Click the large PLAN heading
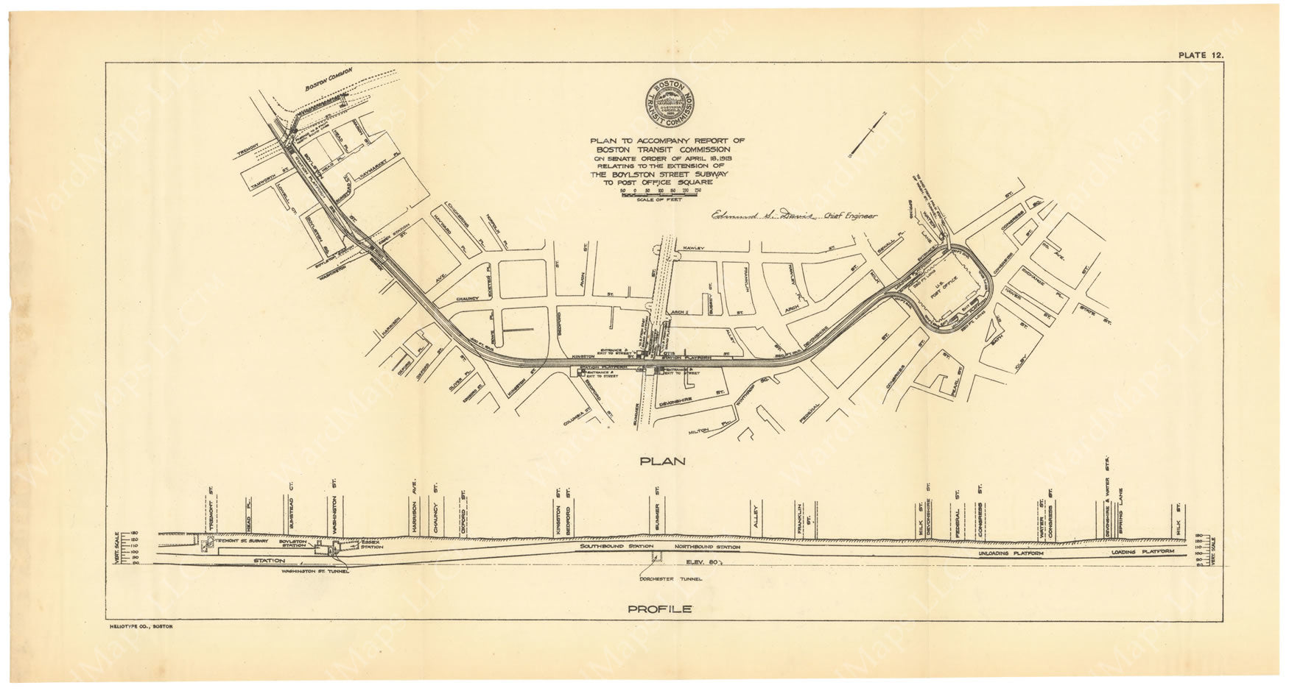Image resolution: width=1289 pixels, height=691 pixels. (x=664, y=461)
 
